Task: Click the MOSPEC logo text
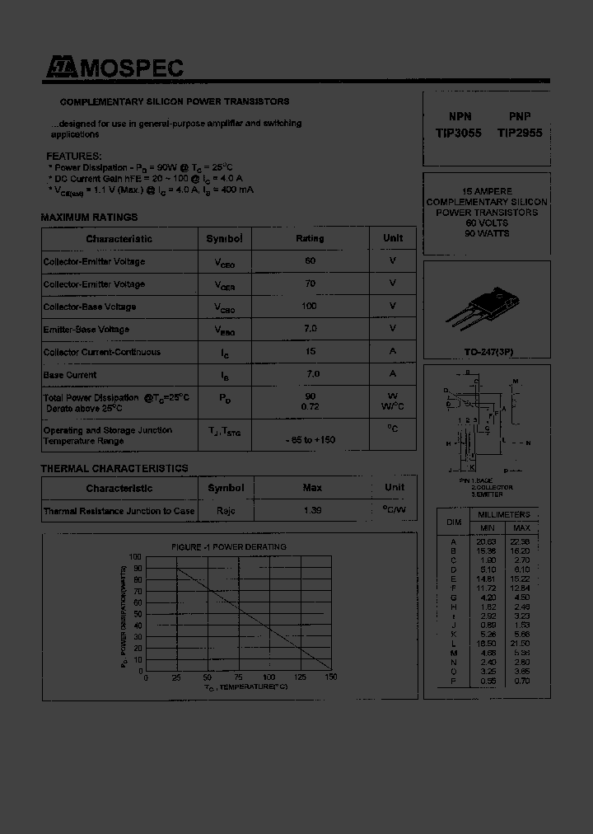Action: pyautogui.click(x=131, y=69)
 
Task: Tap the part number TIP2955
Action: pyautogui.click(x=520, y=132)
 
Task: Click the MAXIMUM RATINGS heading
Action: pyautogui.click(x=89, y=218)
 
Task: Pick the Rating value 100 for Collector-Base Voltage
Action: pyautogui.click(x=310, y=307)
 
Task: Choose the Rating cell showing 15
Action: pyautogui.click(x=310, y=352)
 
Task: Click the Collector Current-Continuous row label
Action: pyautogui.click(x=101, y=352)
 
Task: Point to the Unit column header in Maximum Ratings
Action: pyautogui.click(x=393, y=239)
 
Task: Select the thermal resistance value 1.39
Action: pyautogui.click(x=311, y=511)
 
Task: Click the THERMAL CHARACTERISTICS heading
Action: pyautogui.click(x=114, y=468)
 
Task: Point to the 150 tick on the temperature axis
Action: pyautogui.click(x=331, y=677)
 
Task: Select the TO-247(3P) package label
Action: pyautogui.click(x=485, y=352)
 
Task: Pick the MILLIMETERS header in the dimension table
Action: pyautogui.click(x=503, y=514)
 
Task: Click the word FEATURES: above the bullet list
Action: pyautogui.click(x=73, y=157)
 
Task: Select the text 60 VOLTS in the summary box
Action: pyautogui.click(x=486, y=223)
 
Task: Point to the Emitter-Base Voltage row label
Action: pyautogui.click(x=86, y=330)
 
